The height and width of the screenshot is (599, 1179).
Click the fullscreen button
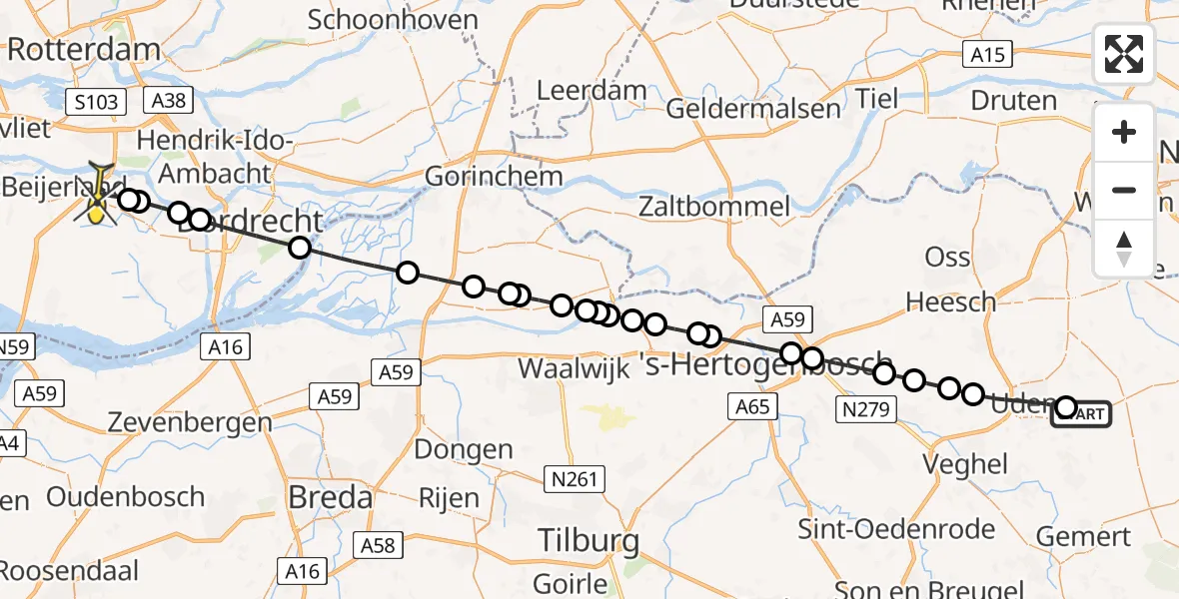click(1124, 54)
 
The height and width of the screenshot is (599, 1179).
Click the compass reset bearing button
click(1124, 249)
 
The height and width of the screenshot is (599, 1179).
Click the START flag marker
click(1083, 413)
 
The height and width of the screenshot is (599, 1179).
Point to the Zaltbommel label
click(716, 208)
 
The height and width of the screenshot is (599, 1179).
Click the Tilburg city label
click(589, 541)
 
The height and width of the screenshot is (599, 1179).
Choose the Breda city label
click(330, 497)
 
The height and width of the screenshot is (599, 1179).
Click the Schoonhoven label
click(383, 19)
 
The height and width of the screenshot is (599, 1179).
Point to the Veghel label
click(966, 463)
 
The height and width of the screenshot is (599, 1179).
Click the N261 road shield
click(575, 480)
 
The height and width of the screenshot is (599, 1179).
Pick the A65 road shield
click(752, 405)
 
